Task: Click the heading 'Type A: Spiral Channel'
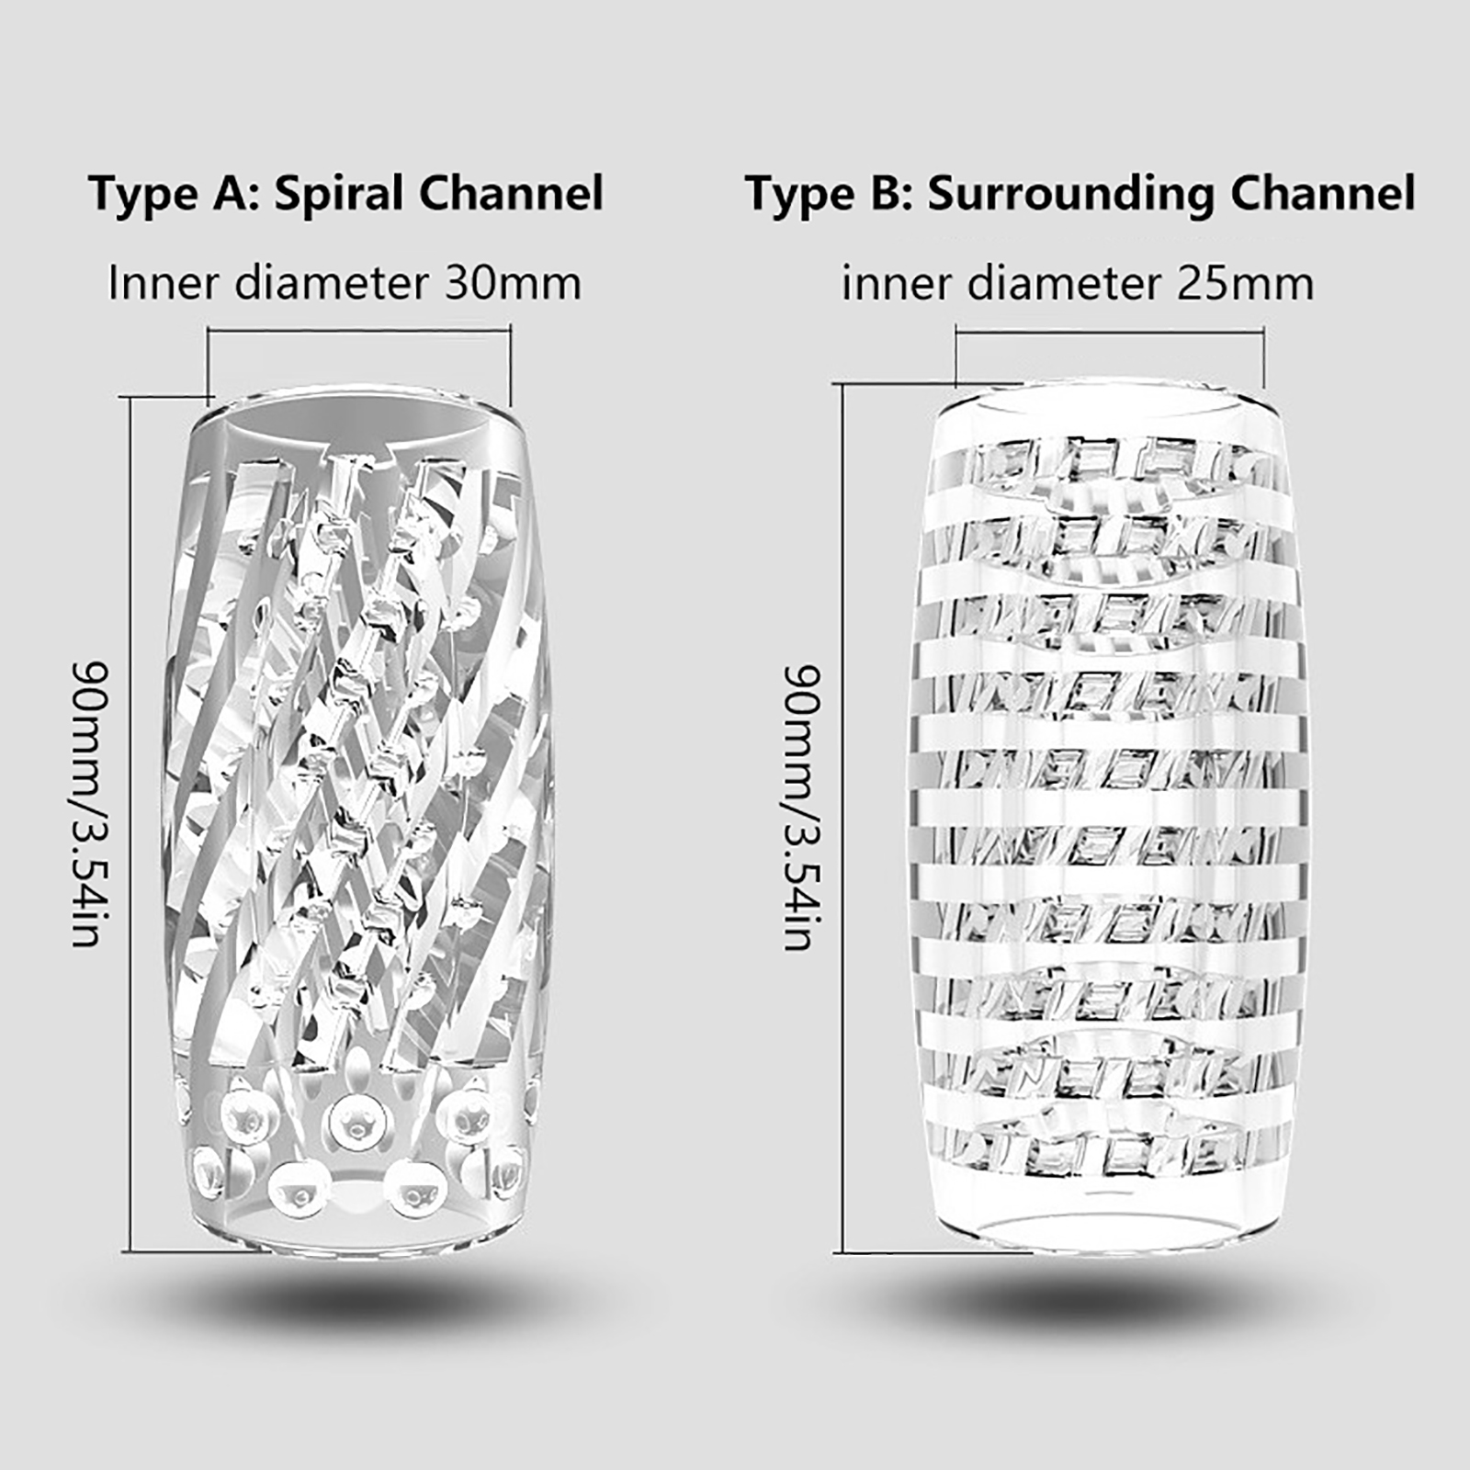pyautogui.click(x=346, y=195)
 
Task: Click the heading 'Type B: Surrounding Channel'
pyautogui.click(x=1080, y=195)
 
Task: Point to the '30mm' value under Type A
pyautogui.click(x=513, y=283)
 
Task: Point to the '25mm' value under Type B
pyautogui.click(x=1245, y=283)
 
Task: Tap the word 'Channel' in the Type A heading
pyautogui.click(x=512, y=195)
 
